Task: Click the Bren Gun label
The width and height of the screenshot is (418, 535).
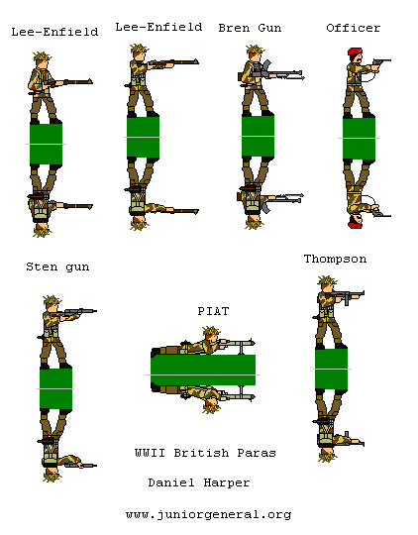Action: tap(250, 28)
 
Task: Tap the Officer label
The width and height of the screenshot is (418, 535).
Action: tap(353, 28)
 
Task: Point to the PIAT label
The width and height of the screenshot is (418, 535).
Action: tap(213, 310)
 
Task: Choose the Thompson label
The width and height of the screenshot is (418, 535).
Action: tap(335, 259)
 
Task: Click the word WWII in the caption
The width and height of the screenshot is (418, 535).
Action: tap(151, 453)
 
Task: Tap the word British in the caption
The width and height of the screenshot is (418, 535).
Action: tap(204, 453)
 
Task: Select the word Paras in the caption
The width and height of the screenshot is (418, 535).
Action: tap(257, 453)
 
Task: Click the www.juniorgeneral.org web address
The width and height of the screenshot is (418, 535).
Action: tap(208, 514)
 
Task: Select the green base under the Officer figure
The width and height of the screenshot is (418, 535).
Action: tap(359, 140)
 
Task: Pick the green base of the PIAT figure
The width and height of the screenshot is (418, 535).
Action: tap(203, 370)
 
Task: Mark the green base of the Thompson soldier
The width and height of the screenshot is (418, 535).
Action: tap(331, 369)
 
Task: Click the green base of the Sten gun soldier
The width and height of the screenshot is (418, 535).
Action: tap(55, 388)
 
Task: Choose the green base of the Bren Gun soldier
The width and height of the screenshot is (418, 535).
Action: tap(258, 137)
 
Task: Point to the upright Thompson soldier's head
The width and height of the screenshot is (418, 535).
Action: tap(326, 285)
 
